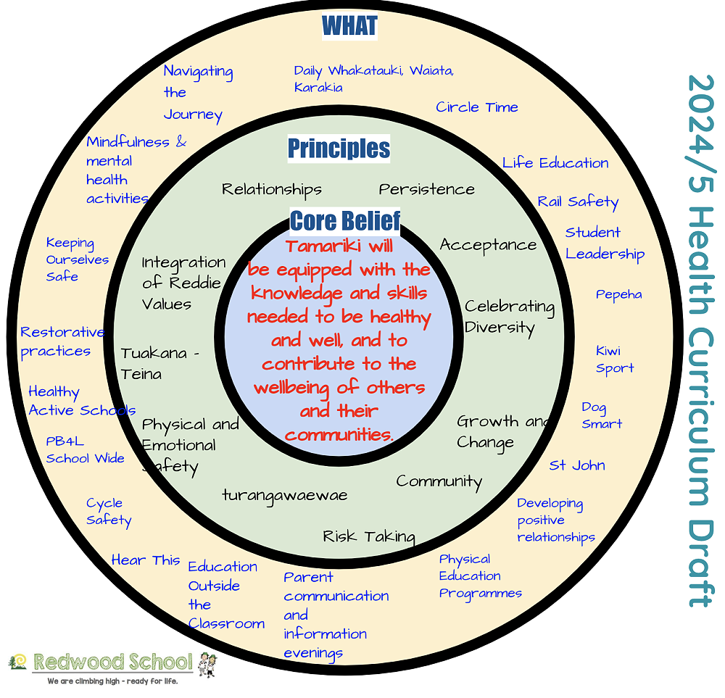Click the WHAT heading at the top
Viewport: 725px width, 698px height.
pos(349,26)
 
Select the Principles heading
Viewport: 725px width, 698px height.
pos(339,149)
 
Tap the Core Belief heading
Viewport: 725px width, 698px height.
pos(345,220)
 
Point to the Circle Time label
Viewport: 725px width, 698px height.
pos(477,107)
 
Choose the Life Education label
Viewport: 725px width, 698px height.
pos(555,163)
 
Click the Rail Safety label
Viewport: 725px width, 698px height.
pos(578,201)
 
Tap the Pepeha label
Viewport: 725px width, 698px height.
pos(618,294)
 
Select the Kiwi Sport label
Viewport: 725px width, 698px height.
pos(615,360)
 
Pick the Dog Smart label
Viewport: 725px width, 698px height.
pos(602,415)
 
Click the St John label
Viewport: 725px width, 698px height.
pos(577,465)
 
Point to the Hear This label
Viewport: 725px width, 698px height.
pos(146,560)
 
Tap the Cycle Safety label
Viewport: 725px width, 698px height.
pos(109,512)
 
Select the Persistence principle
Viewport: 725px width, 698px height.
pos(426,189)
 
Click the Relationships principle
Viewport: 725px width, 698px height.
pos(272,190)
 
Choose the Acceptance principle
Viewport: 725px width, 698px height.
pos(488,245)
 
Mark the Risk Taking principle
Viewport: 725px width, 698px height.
pos(369,536)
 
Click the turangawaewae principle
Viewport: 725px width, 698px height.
pos(285,496)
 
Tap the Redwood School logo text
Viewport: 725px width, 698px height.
pos(113,661)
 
